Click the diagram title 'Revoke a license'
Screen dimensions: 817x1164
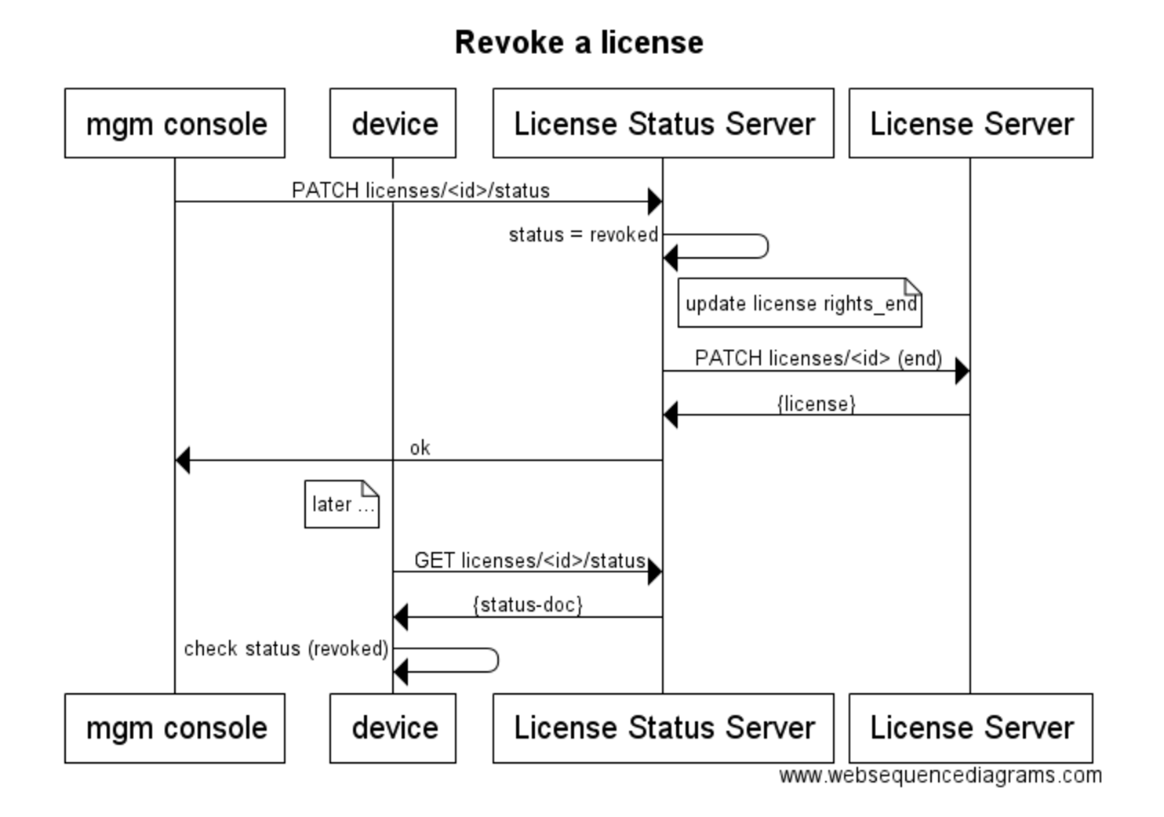click(x=579, y=42)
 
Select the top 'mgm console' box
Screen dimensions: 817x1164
click(x=175, y=124)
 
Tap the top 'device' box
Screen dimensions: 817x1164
click(x=393, y=124)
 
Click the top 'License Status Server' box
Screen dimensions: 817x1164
click(x=664, y=124)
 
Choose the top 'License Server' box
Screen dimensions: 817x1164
click(x=971, y=124)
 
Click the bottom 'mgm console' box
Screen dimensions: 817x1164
click(x=175, y=728)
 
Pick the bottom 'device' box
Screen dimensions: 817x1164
click(x=393, y=728)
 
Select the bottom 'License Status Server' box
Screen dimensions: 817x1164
click(x=664, y=728)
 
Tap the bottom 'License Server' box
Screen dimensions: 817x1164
click(x=971, y=728)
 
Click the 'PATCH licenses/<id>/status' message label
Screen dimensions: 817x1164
click(x=420, y=191)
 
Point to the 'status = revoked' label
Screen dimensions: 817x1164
click(x=583, y=234)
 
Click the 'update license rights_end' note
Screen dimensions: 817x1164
click(x=800, y=303)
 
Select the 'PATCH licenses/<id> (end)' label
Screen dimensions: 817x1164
click(x=818, y=358)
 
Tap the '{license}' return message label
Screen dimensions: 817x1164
click(x=816, y=404)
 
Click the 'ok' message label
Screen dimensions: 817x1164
click(x=420, y=448)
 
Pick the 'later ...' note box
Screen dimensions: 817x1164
click(x=342, y=504)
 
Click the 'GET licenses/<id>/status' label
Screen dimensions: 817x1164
click(x=529, y=561)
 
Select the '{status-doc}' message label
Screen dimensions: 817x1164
click(x=528, y=605)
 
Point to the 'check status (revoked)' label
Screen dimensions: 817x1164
click(x=286, y=648)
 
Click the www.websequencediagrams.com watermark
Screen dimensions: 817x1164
click(x=940, y=775)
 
